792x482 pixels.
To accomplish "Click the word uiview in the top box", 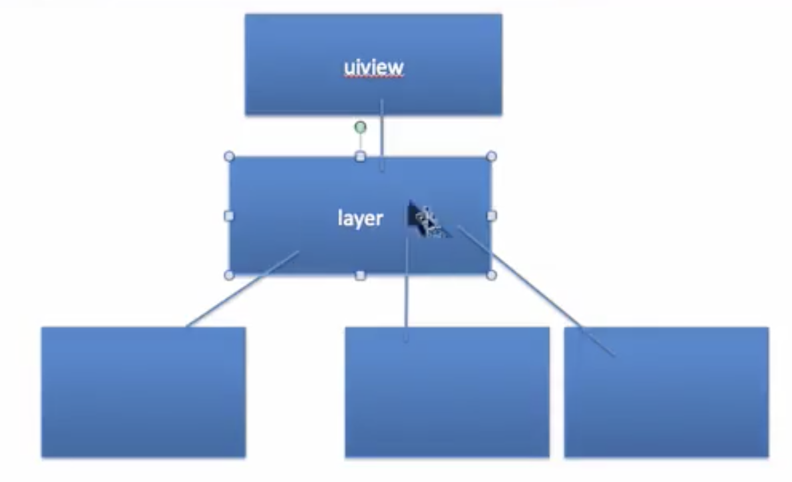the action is click(373, 67).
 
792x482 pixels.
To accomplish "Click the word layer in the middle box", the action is click(360, 218).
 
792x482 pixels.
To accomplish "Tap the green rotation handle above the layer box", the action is click(360, 126).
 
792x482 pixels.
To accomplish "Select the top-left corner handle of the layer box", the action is click(229, 156).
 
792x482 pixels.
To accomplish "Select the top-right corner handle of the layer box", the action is click(491, 156).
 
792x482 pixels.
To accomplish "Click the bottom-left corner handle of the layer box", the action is click(229, 275).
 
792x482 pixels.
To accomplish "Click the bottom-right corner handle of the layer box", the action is click(491, 275).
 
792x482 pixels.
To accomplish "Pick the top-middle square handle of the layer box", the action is click(360, 156).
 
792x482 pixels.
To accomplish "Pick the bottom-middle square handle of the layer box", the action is click(360, 275).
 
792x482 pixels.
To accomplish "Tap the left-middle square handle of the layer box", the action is click(229, 216).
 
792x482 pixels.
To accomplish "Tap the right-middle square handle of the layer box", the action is click(491, 216).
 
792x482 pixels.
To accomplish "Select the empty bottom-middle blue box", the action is click(447, 399).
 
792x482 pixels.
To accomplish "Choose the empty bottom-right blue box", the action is click(666, 399).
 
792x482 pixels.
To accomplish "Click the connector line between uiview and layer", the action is click(381, 136).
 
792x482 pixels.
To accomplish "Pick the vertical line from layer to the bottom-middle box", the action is click(406, 300).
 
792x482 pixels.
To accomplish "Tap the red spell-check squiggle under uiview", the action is click(373, 77).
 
